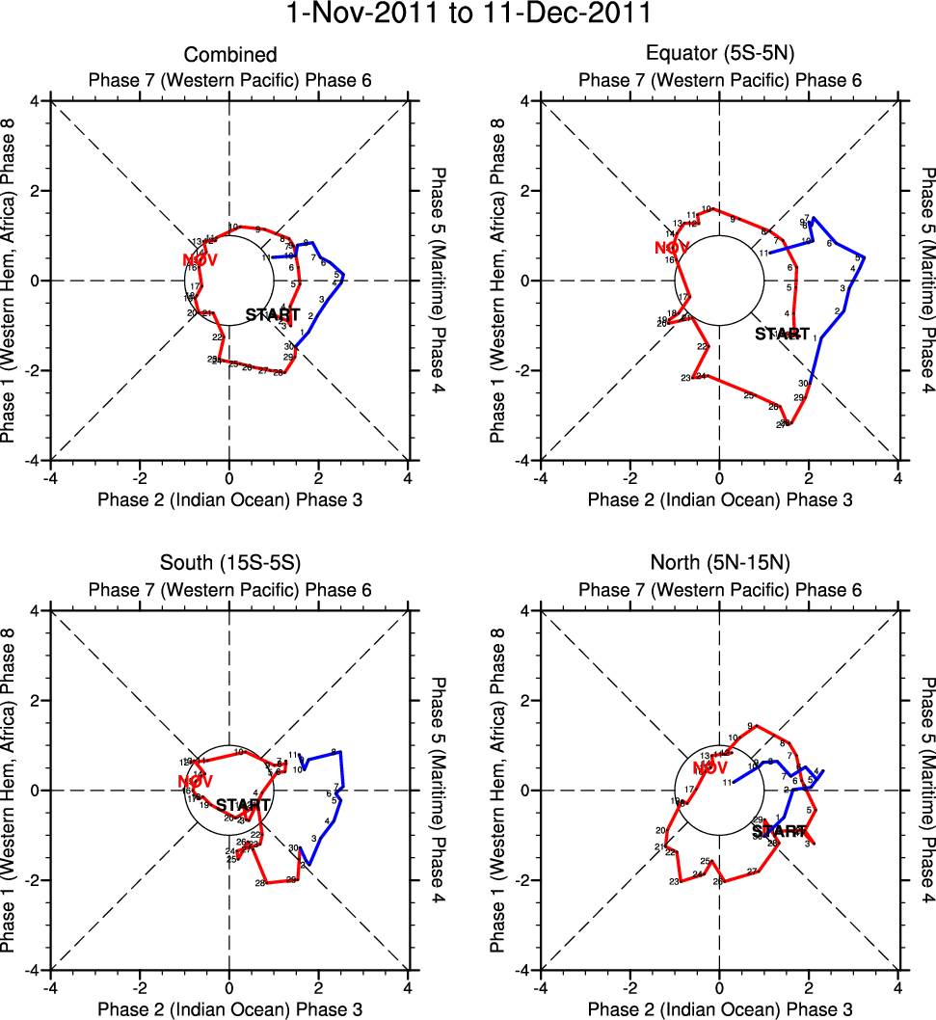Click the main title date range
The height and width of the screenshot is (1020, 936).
click(x=468, y=14)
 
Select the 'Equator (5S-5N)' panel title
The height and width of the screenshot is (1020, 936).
click(x=719, y=55)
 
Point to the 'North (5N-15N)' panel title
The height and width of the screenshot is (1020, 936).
click(x=719, y=565)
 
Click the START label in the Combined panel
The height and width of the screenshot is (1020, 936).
click(x=273, y=315)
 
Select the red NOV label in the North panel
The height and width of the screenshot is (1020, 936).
click(x=709, y=767)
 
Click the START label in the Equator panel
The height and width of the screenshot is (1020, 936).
click(x=782, y=335)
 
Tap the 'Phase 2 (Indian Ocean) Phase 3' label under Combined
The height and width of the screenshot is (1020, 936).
click(x=229, y=499)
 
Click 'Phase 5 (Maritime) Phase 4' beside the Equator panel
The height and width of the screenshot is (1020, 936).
click(x=927, y=281)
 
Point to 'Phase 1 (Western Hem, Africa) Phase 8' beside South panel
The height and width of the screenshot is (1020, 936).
click(x=13, y=791)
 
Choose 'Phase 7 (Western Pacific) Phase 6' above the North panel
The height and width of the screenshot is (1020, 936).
click(x=719, y=590)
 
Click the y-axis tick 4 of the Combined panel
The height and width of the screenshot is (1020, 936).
click(x=35, y=101)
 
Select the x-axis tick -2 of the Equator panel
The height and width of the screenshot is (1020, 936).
click(x=629, y=476)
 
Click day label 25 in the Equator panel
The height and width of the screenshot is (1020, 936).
click(x=748, y=395)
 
